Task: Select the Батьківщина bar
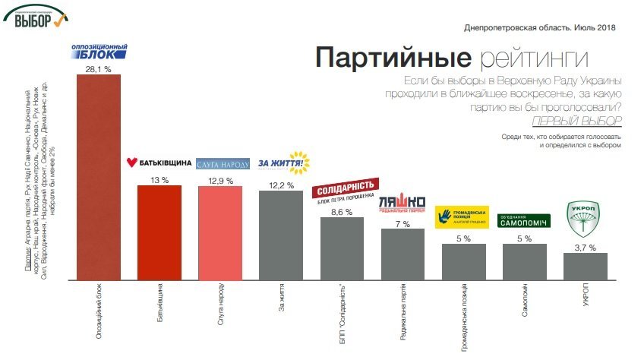[x=159, y=232]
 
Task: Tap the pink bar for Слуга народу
[x=220, y=232]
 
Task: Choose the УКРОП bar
[x=585, y=266]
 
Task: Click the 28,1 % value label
[x=99, y=68]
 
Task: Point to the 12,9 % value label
[x=220, y=180]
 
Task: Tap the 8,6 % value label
[x=342, y=212]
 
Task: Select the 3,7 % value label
[x=585, y=248]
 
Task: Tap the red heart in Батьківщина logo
[x=131, y=163]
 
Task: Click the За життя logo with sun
[x=285, y=162]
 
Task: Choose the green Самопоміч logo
[x=523, y=220]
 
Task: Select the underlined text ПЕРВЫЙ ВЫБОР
[x=577, y=121]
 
